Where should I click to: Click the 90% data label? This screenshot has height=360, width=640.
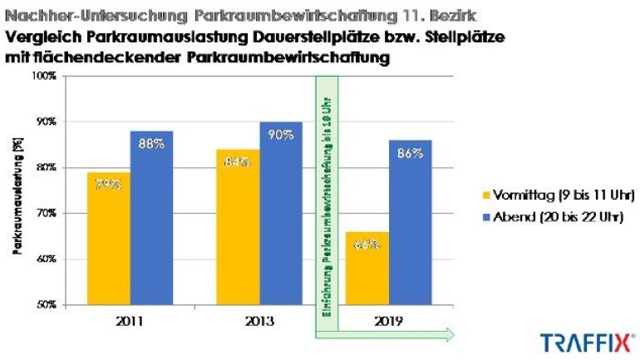[280, 136]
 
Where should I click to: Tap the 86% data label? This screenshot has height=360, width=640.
[410, 153]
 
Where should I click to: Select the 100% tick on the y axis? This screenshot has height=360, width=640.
[44, 76]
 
